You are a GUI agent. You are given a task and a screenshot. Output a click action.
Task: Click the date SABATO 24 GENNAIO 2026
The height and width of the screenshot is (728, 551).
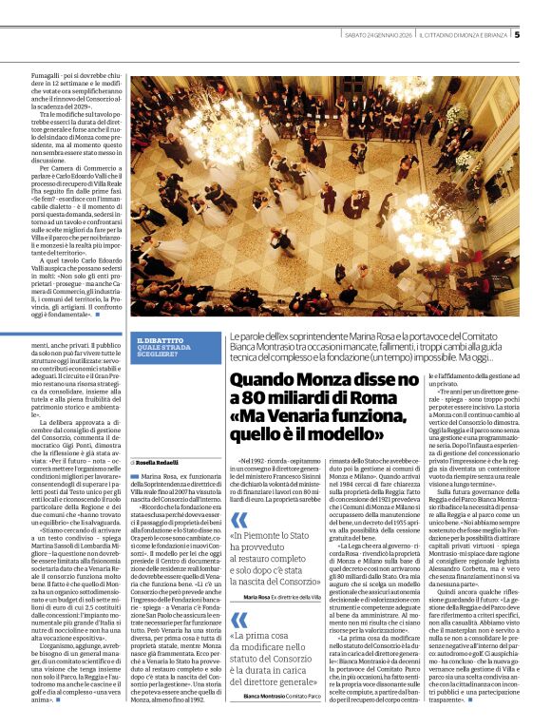(x=377, y=35)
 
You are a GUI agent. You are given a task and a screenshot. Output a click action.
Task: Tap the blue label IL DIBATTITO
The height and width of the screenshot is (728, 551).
(x=159, y=340)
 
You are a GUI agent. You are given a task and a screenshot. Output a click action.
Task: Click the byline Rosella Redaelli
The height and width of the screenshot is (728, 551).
(x=160, y=462)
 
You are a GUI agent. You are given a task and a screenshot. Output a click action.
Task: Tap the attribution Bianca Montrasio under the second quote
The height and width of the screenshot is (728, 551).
(x=269, y=697)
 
